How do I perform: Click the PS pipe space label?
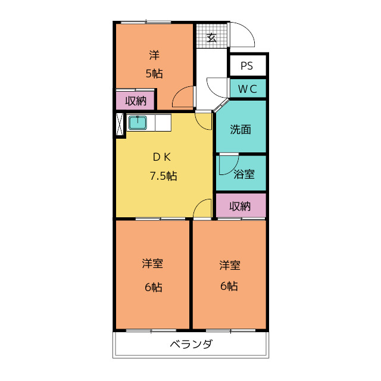click(x=246, y=66)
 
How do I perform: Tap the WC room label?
click(x=248, y=89)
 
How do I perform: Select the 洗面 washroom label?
click(x=241, y=130)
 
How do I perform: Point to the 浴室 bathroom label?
click(x=244, y=174)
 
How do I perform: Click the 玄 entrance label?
click(x=211, y=38)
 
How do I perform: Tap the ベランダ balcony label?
click(x=191, y=344)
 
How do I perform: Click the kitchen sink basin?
click(x=138, y=123)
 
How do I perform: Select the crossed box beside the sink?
click(x=119, y=124)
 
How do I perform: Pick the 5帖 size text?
click(x=154, y=73)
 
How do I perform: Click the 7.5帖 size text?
click(x=163, y=176)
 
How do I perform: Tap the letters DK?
click(x=162, y=157)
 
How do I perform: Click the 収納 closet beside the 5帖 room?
click(x=136, y=101)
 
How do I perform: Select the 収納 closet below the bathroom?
click(x=241, y=206)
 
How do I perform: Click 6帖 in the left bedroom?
click(x=154, y=288)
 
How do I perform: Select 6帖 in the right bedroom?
click(x=229, y=286)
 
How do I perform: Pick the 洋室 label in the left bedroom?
click(x=152, y=264)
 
